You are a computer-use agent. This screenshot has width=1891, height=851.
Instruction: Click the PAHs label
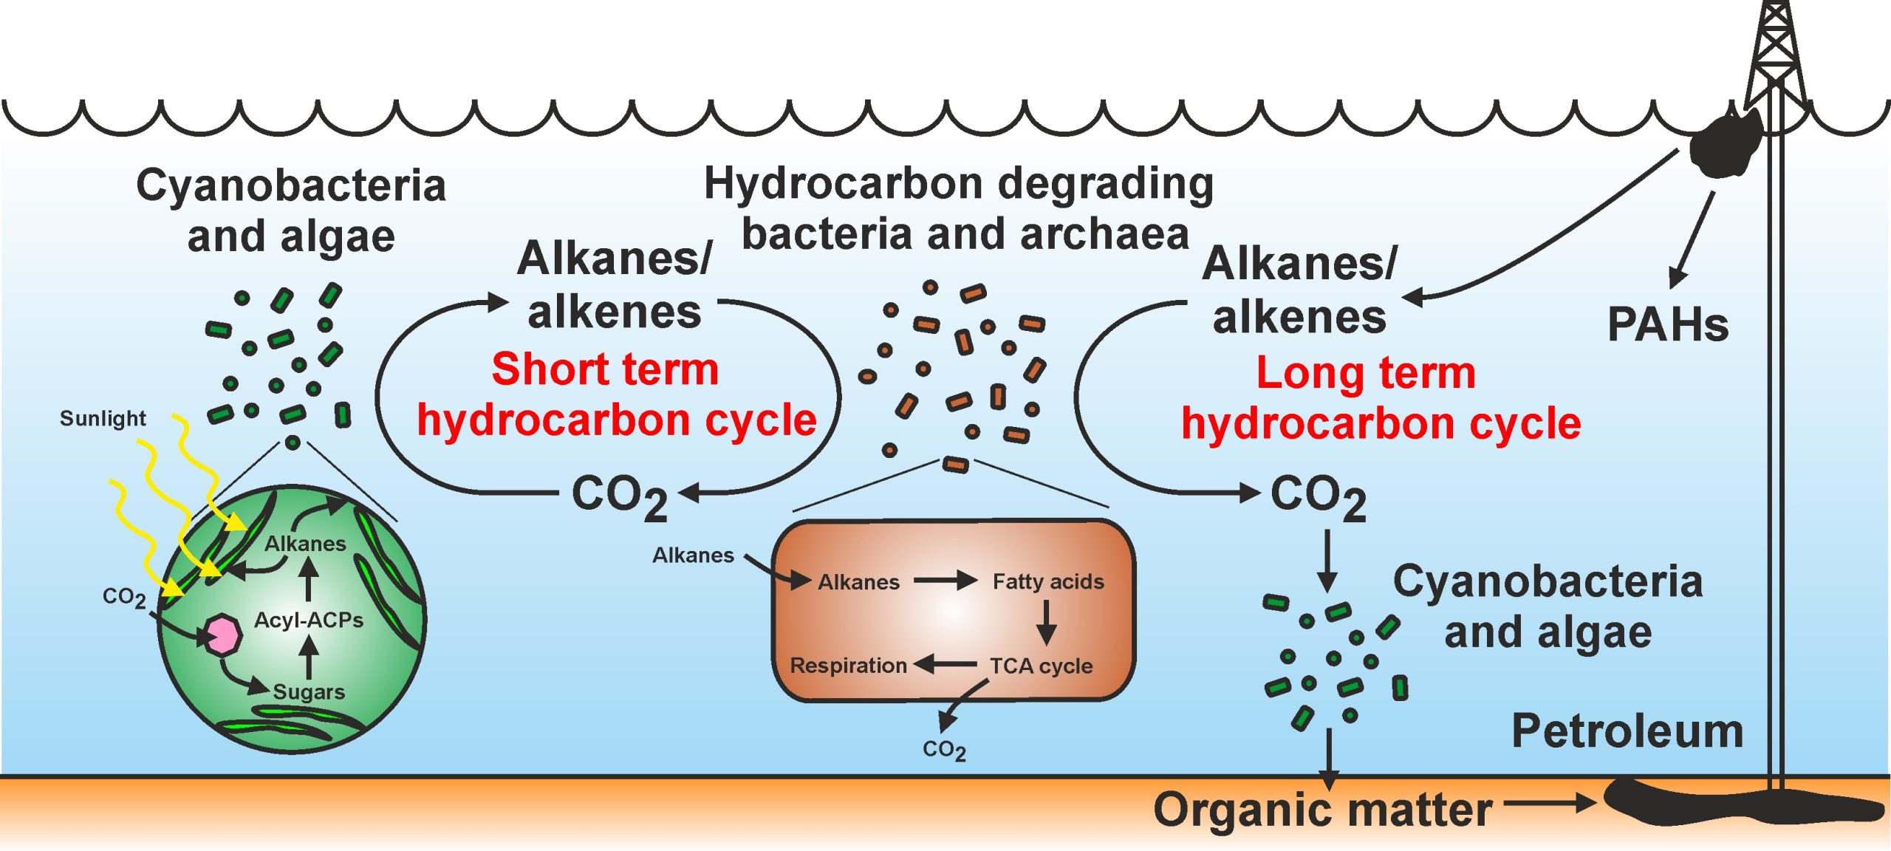(x=1667, y=324)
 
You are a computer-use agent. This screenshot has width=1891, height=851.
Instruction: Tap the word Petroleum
(x=1627, y=731)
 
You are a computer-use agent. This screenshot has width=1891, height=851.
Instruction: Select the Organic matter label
(x=1322, y=810)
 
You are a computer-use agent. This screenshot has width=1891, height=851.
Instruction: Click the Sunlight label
(x=103, y=419)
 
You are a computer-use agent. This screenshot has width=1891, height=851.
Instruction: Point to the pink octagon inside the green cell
(x=222, y=635)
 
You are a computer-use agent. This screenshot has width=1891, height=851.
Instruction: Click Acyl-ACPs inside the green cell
(x=309, y=620)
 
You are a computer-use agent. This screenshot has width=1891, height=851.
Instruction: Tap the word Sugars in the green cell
(x=309, y=691)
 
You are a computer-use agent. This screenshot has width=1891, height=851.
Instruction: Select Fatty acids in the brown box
(x=1048, y=581)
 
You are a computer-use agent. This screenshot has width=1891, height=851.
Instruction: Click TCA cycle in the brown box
(x=1041, y=666)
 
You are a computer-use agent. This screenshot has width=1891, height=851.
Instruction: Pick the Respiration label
(x=848, y=666)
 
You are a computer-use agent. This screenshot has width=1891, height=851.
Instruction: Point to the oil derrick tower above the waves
(x=1775, y=55)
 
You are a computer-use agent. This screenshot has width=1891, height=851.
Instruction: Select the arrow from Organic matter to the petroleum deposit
(x=1550, y=802)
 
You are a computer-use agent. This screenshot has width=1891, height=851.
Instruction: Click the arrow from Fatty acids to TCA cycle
(x=1046, y=622)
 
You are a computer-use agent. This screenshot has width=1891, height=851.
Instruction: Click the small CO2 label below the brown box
(x=944, y=751)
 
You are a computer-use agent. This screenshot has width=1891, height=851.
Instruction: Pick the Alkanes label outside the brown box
(x=693, y=555)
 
